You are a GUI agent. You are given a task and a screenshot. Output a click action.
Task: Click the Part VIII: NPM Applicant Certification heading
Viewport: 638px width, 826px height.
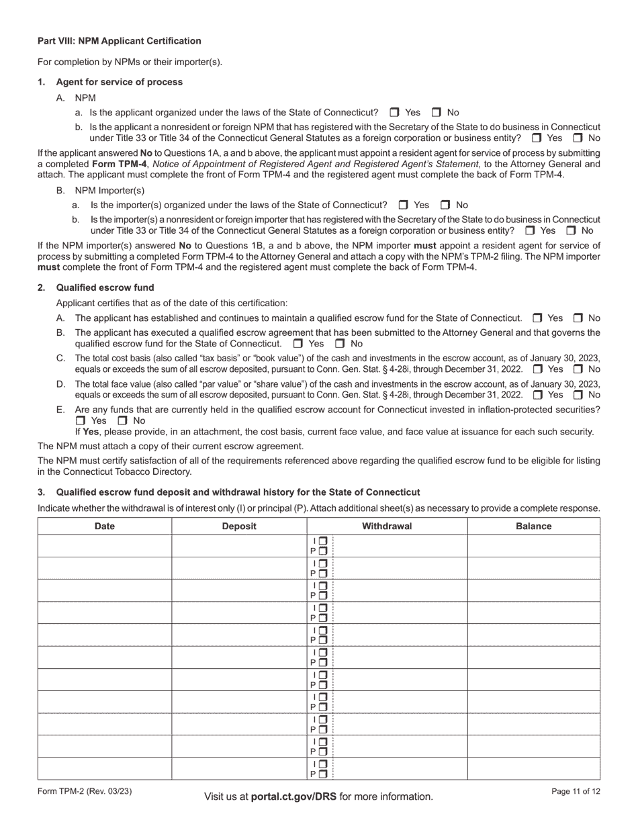coord(119,41)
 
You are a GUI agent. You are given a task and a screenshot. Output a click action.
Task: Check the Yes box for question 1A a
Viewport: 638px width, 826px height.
coord(394,113)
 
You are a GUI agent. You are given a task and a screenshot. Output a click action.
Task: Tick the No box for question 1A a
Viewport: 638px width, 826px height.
coord(436,113)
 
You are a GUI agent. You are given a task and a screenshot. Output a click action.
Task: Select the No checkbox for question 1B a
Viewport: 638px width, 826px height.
coord(445,205)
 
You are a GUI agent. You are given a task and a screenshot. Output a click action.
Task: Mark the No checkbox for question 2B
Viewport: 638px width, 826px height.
coord(340,344)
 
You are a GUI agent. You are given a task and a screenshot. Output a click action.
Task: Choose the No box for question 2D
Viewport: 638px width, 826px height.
coord(578,395)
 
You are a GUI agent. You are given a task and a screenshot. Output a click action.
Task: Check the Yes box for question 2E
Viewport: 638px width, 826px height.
coord(81,421)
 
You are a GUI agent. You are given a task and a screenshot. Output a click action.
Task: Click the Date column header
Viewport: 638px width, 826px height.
coord(105,526)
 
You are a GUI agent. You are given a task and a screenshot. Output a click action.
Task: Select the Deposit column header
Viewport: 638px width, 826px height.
coord(239,526)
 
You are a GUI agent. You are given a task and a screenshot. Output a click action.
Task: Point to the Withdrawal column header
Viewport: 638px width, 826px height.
coord(387,526)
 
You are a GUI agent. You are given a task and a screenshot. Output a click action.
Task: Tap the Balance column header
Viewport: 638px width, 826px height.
coord(533,526)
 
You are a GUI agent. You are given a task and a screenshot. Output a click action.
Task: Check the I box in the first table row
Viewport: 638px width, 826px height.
coord(323,541)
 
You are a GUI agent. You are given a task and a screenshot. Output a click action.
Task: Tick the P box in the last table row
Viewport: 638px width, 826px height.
coord(323,774)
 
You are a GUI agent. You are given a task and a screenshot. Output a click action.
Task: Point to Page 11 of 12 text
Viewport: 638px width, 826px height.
coord(576,792)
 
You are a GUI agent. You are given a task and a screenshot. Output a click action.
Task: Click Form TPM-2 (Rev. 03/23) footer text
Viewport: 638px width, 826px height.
coord(85,792)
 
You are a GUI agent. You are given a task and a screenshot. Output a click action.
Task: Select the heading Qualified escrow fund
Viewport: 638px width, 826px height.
coord(105,287)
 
